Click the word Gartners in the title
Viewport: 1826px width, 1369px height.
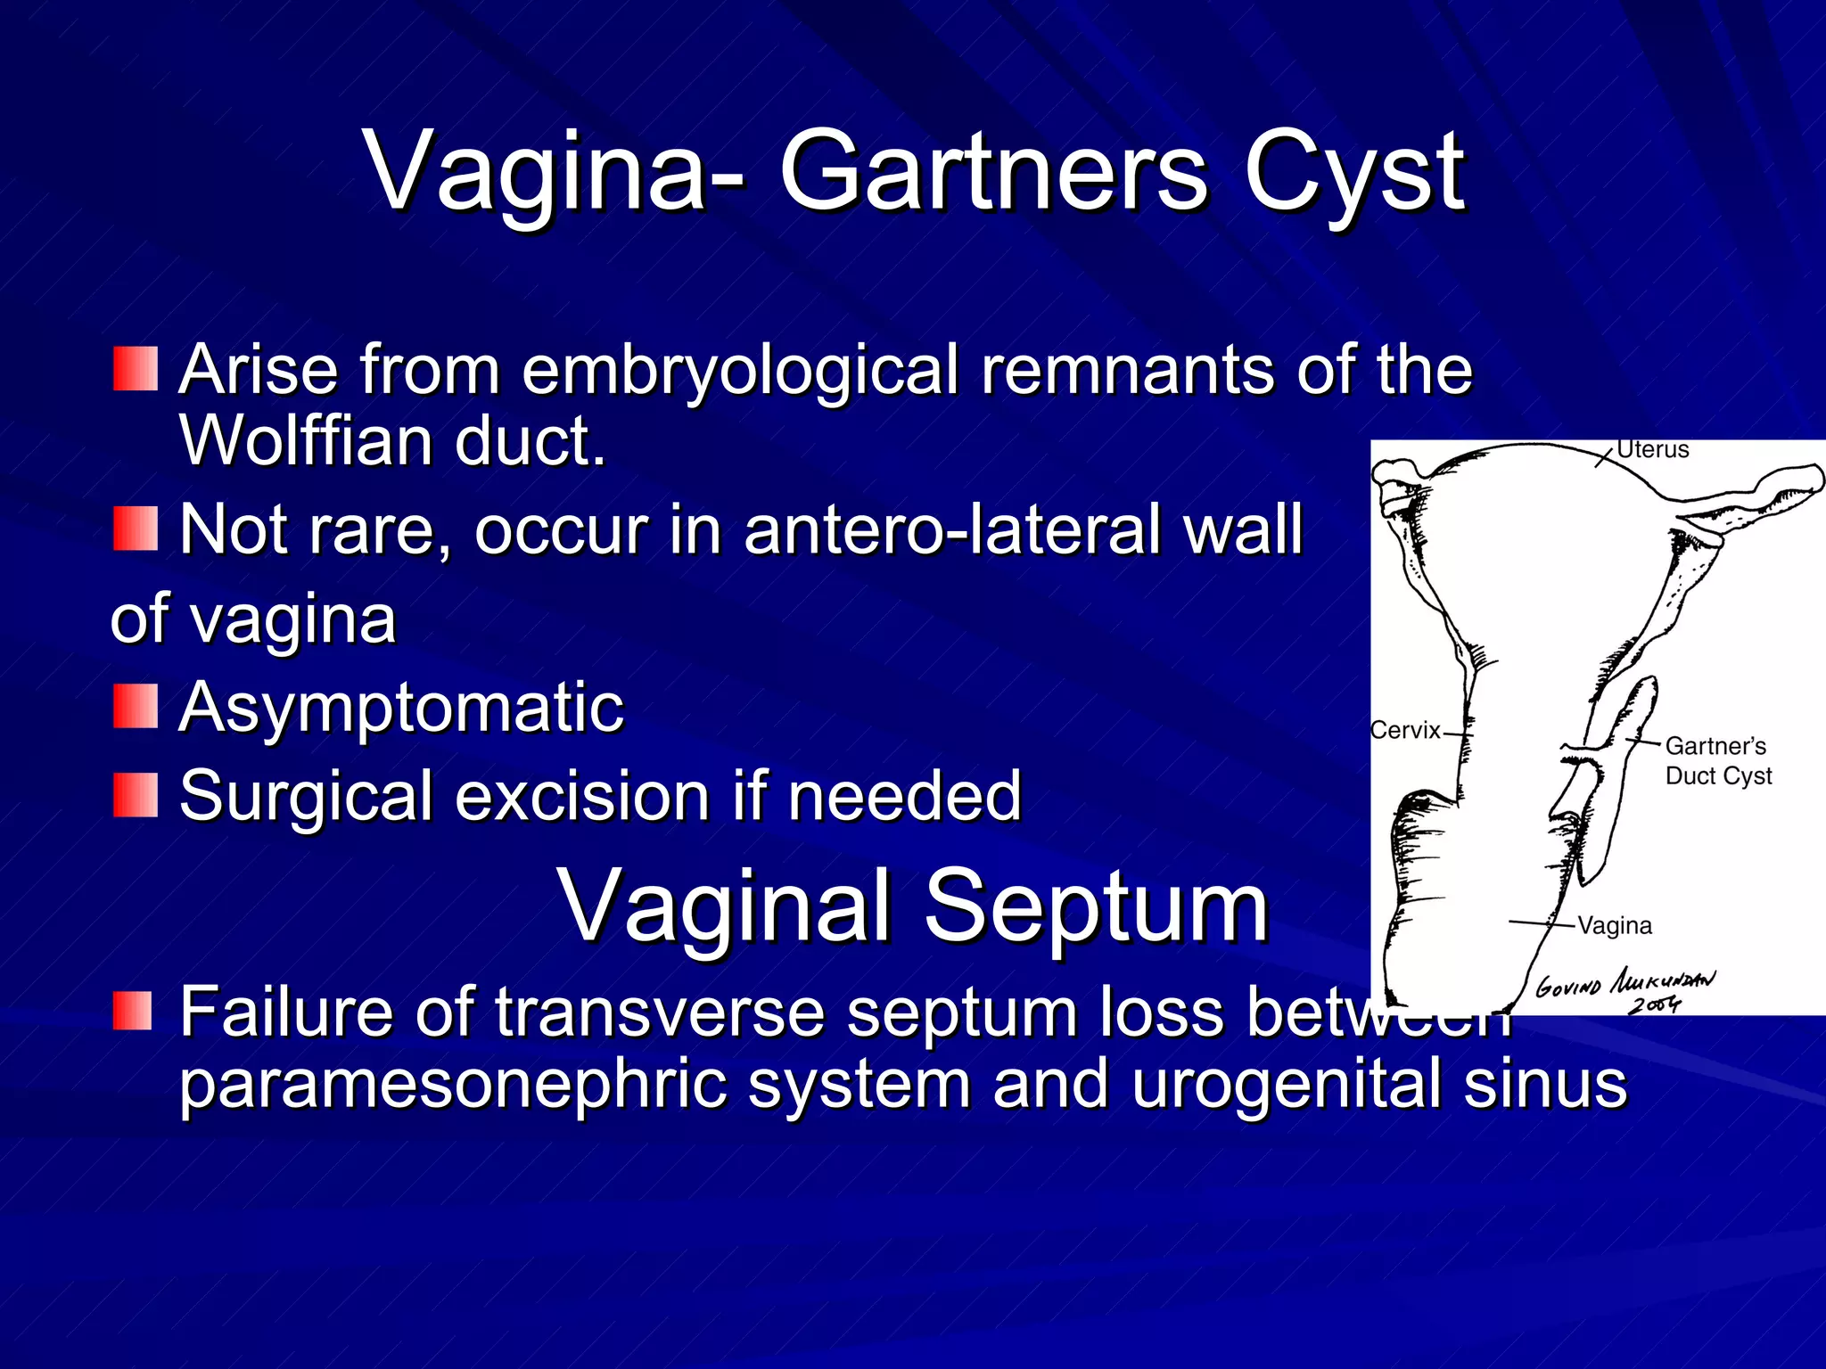pyautogui.click(x=994, y=171)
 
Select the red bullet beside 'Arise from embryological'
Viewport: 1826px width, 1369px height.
pyautogui.click(x=136, y=370)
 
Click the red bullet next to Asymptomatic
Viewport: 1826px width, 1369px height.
pyautogui.click(x=136, y=707)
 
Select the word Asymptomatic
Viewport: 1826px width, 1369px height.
pyautogui.click(x=401, y=708)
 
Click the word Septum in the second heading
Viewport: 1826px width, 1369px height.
pyautogui.click(x=1096, y=907)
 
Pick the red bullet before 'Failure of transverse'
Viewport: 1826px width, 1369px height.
pyautogui.click(x=136, y=1012)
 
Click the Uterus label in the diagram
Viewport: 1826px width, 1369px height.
pyautogui.click(x=1652, y=450)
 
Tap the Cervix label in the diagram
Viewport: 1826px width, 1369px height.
pyautogui.click(x=1405, y=731)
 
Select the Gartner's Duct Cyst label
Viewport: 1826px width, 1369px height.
pyautogui.click(x=1716, y=760)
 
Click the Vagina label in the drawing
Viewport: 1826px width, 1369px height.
pyautogui.click(x=1614, y=926)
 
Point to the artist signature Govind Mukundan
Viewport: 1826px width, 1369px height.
pyautogui.click(x=1624, y=983)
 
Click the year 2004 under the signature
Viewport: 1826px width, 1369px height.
pyautogui.click(x=1654, y=1005)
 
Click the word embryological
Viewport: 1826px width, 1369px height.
pyautogui.click(x=740, y=370)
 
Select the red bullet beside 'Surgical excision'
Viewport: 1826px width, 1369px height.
pyautogui.click(x=136, y=796)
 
